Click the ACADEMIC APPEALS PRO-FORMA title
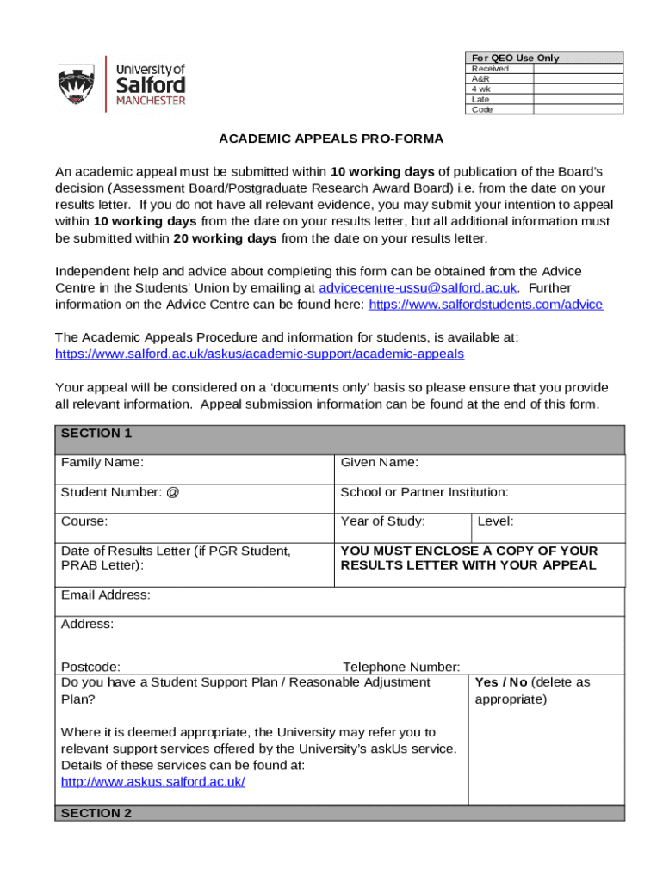pyautogui.click(x=331, y=138)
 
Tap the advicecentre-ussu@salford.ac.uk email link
pyautogui.click(x=418, y=287)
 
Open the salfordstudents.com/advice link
pyautogui.click(x=486, y=304)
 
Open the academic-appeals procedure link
pyautogui.click(x=259, y=354)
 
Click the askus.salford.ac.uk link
pyautogui.click(x=153, y=781)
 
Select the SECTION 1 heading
pyautogui.click(x=96, y=434)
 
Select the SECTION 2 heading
pyautogui.click(x=96, y=813)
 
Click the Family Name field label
pyautogui.click(x=102, y=463)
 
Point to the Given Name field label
pyautogui.click(x=380, y=463)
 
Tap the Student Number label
pyautogui.click(x=120, y=492)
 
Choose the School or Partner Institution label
pyautogui.click(x=424, y=492)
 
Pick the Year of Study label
pyautogui.click(x=383, y=521)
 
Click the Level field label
pyautogui.click(x=495, y=521)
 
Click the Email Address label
pyautogui.click(x=106, y=595)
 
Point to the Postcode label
pyautogui.click(x=90, y=667)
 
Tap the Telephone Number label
pyautogui.click(x=401, y=667)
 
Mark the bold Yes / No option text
pyautogui.click(x=501, y=682)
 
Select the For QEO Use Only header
pyautogui.click(x=515, y=58)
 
